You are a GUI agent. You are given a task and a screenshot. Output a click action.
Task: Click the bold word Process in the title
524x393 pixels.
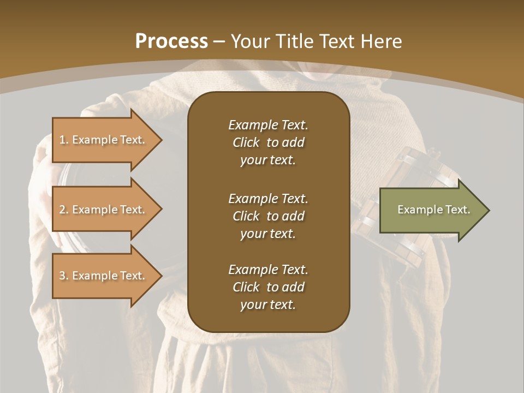171,41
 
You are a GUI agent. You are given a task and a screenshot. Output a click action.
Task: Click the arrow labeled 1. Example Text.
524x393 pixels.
104,140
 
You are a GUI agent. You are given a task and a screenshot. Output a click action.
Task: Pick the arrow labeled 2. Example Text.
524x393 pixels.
104,210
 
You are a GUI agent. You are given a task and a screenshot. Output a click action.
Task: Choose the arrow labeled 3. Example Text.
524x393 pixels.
104,276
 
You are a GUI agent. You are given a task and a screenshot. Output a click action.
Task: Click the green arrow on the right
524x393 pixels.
431,210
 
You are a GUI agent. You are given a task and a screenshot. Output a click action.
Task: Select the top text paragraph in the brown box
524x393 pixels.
268,142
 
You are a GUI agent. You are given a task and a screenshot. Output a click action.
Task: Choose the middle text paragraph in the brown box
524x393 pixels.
268,216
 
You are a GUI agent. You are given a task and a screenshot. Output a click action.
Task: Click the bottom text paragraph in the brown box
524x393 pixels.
268,287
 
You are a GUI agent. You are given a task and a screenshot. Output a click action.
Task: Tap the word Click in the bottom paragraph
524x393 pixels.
246,287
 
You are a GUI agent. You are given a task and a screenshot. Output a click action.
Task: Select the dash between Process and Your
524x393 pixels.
219,41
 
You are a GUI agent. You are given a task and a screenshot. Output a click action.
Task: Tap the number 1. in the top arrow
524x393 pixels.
64,140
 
